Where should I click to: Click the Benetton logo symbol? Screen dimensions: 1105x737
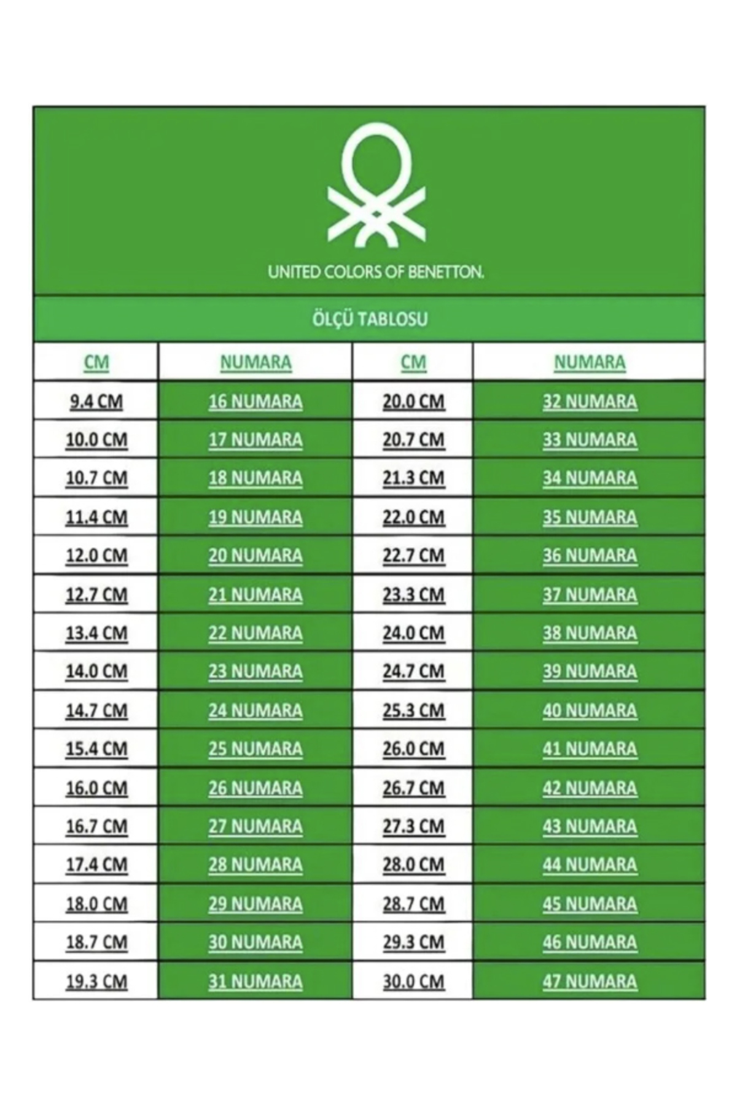(x=376, y=185)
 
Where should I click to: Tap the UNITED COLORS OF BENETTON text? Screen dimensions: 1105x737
(x=376, y=272)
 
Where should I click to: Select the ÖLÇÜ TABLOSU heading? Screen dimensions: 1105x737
(x=370, y=319)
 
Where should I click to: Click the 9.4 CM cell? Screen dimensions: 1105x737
(x=96, y=401)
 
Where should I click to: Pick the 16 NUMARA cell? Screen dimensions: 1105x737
(x=255, y=401)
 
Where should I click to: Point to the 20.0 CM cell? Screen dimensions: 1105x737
(x=413, y=401)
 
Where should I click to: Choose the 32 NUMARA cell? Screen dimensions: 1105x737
(x=590, y=401)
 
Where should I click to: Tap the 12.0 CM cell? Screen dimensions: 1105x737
(x=96, y=556)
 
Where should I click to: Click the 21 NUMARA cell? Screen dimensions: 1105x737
(x=255, y=594)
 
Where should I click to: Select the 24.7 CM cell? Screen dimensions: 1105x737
(x=413, y=672)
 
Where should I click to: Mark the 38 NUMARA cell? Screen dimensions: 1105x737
(x=590, y=633)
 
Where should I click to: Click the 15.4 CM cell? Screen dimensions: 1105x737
(x=96, y=749)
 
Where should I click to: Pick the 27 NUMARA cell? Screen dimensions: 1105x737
(x=255, y=826)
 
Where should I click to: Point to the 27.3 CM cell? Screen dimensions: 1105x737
(x=413, y=826)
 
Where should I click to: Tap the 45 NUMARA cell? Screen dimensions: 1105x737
(x=590, y=904)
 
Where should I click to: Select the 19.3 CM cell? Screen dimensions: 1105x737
(x=96, y=981)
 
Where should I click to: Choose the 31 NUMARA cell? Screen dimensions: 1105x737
(x=255, y=981)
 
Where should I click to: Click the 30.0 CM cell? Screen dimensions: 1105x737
(x=413, y=981)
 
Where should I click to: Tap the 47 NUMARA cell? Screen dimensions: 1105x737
(x=590, y=981)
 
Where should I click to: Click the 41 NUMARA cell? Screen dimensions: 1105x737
(x=590, y=749)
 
